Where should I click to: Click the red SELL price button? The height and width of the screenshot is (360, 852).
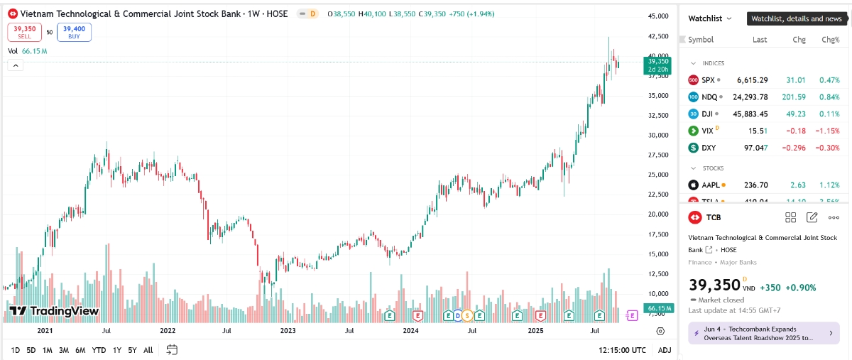coord(25,32)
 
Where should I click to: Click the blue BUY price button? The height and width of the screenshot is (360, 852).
coord(74,32)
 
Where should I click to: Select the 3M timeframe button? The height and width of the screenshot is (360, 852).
coord(64,350)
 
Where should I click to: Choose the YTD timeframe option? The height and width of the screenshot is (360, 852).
coord(99,350)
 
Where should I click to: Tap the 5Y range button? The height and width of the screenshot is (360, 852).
coord(132,350)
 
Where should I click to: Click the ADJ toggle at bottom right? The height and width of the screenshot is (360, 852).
coord(665,350)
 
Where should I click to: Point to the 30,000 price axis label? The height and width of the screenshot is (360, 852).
coord(660,135)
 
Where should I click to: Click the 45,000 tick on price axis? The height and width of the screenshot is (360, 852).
coord(660,16)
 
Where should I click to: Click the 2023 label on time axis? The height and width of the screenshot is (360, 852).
coord(288,331)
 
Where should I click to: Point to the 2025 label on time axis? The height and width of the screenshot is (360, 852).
coord(535,331)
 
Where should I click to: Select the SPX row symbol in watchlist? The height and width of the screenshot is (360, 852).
coord(708,80)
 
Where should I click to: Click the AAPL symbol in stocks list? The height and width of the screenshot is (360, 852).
coord(711,185)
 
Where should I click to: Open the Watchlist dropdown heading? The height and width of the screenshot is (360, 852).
coord(710,18)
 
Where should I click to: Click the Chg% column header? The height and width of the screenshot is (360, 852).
coord(830,40)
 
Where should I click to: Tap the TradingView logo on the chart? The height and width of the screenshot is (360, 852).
coord(53,311)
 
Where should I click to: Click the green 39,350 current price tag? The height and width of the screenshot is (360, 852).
coord(658,65)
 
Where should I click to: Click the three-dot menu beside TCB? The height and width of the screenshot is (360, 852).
coord(834,218)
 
